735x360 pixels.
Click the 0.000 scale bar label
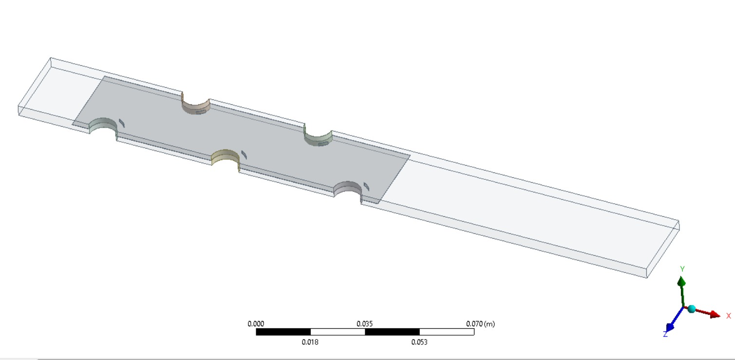(x=256, y=324)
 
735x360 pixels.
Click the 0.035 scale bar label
(x=364, y=324)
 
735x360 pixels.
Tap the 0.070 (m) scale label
(x=480, y=324)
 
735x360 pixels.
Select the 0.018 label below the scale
(x=310, y=342)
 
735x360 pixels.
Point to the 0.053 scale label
(x=419, y=342)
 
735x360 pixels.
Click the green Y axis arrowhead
(x=681, y=282)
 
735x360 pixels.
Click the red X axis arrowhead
(x=715, y=315)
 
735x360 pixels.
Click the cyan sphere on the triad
(x=691, y=309)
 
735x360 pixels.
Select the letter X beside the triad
(x=729, y=316)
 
